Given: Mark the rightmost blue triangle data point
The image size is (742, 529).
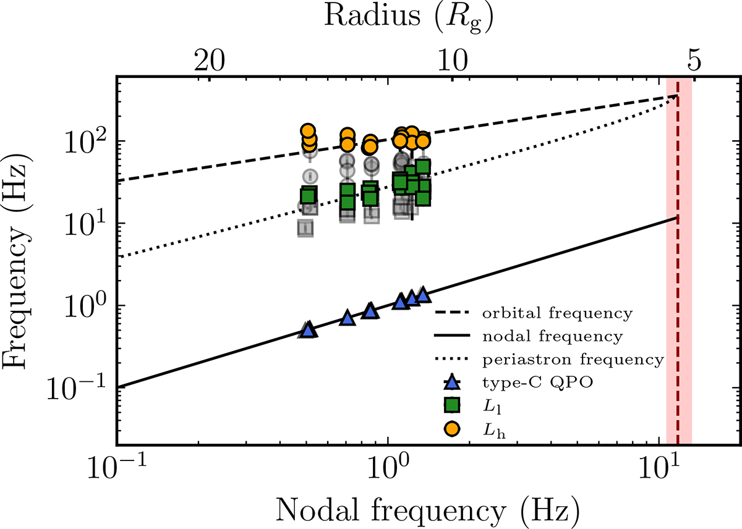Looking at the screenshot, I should pyautogui.click(x=423, y=295).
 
